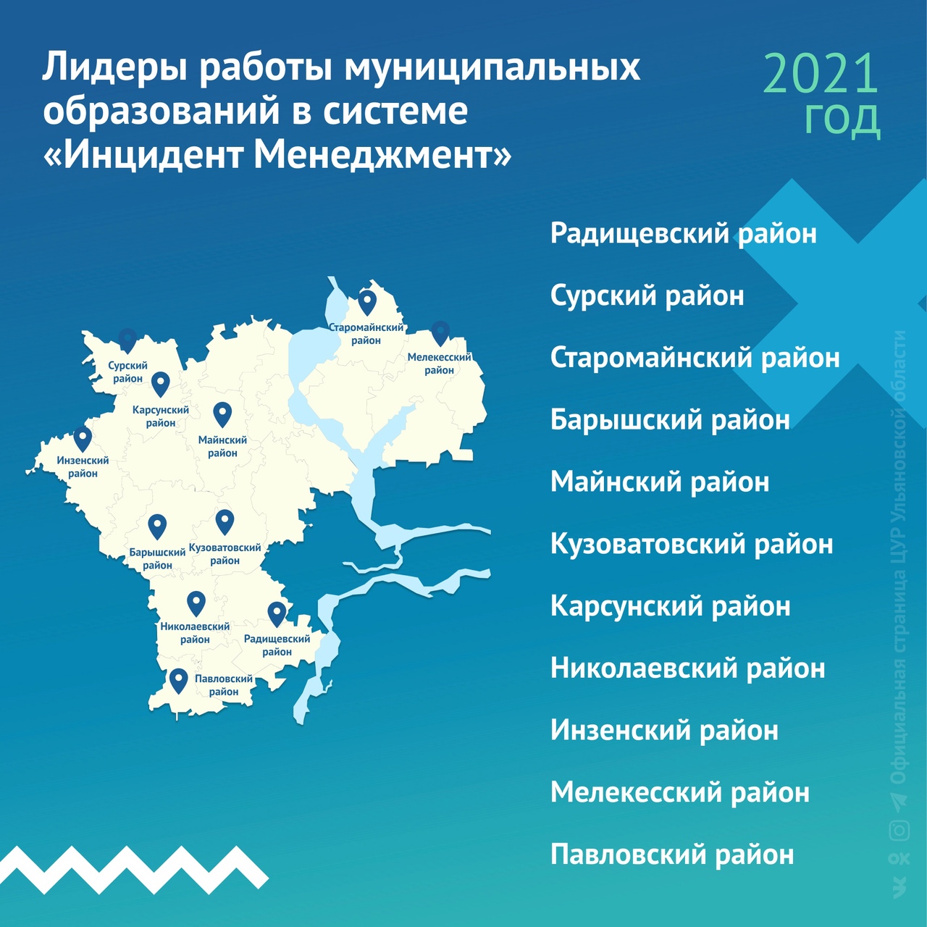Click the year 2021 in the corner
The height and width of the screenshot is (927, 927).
(x=821, y=74)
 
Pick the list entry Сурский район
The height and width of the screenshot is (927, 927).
(x=647, y=296)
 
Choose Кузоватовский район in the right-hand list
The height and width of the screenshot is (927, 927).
(x=692, y=544)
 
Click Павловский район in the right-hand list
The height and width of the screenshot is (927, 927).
(x=672, y=855)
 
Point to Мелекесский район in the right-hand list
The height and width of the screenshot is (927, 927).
(x=680, y=792)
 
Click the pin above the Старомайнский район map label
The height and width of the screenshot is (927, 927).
(x=367, y=303)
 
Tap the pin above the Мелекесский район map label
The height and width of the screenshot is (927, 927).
(x=440, y=333)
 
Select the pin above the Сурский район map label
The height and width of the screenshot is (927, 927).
(x=127, y=340)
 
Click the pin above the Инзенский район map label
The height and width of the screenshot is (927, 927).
(x=83, y=439)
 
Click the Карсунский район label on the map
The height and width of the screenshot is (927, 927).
(x=161, y=416)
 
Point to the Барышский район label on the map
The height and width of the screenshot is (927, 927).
(x=157, y=558)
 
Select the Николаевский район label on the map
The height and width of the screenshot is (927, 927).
(x=195, y=633)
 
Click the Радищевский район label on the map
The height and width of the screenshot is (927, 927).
(x=277, y=645)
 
